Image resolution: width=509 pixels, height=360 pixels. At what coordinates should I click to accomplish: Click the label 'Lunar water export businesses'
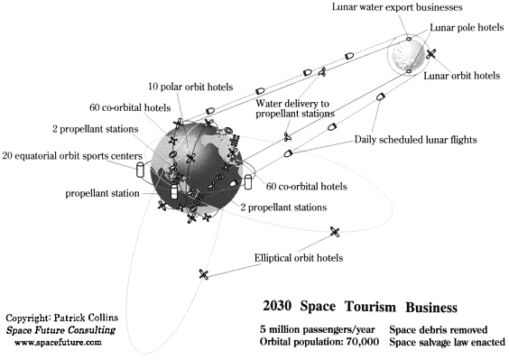point(397,7)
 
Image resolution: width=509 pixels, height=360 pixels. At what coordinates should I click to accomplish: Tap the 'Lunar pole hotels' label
point(467,28)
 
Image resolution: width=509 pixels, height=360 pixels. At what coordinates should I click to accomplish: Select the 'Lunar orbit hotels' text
point(461,76)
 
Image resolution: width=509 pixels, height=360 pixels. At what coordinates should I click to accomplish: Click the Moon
point(407,54)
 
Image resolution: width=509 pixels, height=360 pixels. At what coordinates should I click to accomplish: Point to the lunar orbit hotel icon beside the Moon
point(430,54)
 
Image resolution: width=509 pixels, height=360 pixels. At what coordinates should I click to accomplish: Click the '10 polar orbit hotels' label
point(190,87)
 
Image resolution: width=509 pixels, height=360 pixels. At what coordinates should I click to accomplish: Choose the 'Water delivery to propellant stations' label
point(295,109)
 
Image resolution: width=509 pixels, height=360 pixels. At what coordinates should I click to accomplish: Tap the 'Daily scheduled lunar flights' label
point(415,140)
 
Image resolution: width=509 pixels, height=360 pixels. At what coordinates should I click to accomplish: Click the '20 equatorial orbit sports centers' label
point(72,156)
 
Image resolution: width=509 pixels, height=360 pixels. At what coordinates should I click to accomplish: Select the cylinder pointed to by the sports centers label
point(140,170)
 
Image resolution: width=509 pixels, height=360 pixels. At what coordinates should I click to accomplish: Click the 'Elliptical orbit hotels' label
point(299,258)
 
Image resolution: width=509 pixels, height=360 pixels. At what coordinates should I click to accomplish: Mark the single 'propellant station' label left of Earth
point(102,193)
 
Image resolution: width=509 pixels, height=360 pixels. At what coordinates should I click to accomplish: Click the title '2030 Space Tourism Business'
point(360,307)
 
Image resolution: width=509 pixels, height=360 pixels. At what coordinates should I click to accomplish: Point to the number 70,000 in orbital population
point(363,342)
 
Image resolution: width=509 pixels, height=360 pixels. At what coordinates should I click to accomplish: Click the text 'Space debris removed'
point(439,330)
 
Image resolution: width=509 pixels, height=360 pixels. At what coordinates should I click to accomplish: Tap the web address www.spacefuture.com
point(58,342)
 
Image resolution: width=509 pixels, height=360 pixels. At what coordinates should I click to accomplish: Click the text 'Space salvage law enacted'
point(447,342)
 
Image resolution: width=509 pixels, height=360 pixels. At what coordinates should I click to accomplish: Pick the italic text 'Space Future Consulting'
point(60,330)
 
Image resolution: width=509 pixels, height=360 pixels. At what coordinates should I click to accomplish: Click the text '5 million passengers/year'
point(317,330)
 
